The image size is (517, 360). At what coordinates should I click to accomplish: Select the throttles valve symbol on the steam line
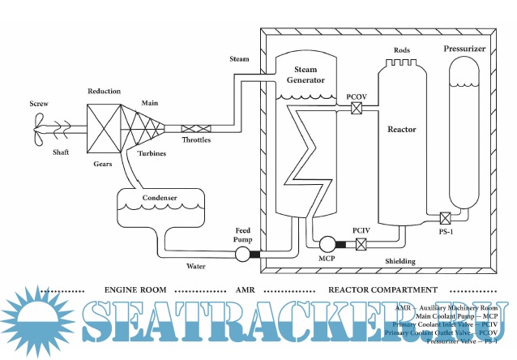[196, 128]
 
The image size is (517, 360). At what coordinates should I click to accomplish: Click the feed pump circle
[241, 255]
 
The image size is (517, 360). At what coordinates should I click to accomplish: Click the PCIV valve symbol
[362, 244]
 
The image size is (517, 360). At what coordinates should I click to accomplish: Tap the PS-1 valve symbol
[445, 217]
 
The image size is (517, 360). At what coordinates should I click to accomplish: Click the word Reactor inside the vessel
[402, 129]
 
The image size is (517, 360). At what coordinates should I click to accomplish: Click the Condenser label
[160, 197]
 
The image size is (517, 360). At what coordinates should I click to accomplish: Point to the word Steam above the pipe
[240, 58]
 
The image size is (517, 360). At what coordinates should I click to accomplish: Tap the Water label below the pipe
[197, 266]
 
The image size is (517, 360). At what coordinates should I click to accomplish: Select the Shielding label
[400, 261]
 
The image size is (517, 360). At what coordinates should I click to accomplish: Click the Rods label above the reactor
[402, 50]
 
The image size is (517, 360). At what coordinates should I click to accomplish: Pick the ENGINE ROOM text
[135, 289]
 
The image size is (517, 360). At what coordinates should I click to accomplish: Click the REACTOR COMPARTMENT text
[382, 289]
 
